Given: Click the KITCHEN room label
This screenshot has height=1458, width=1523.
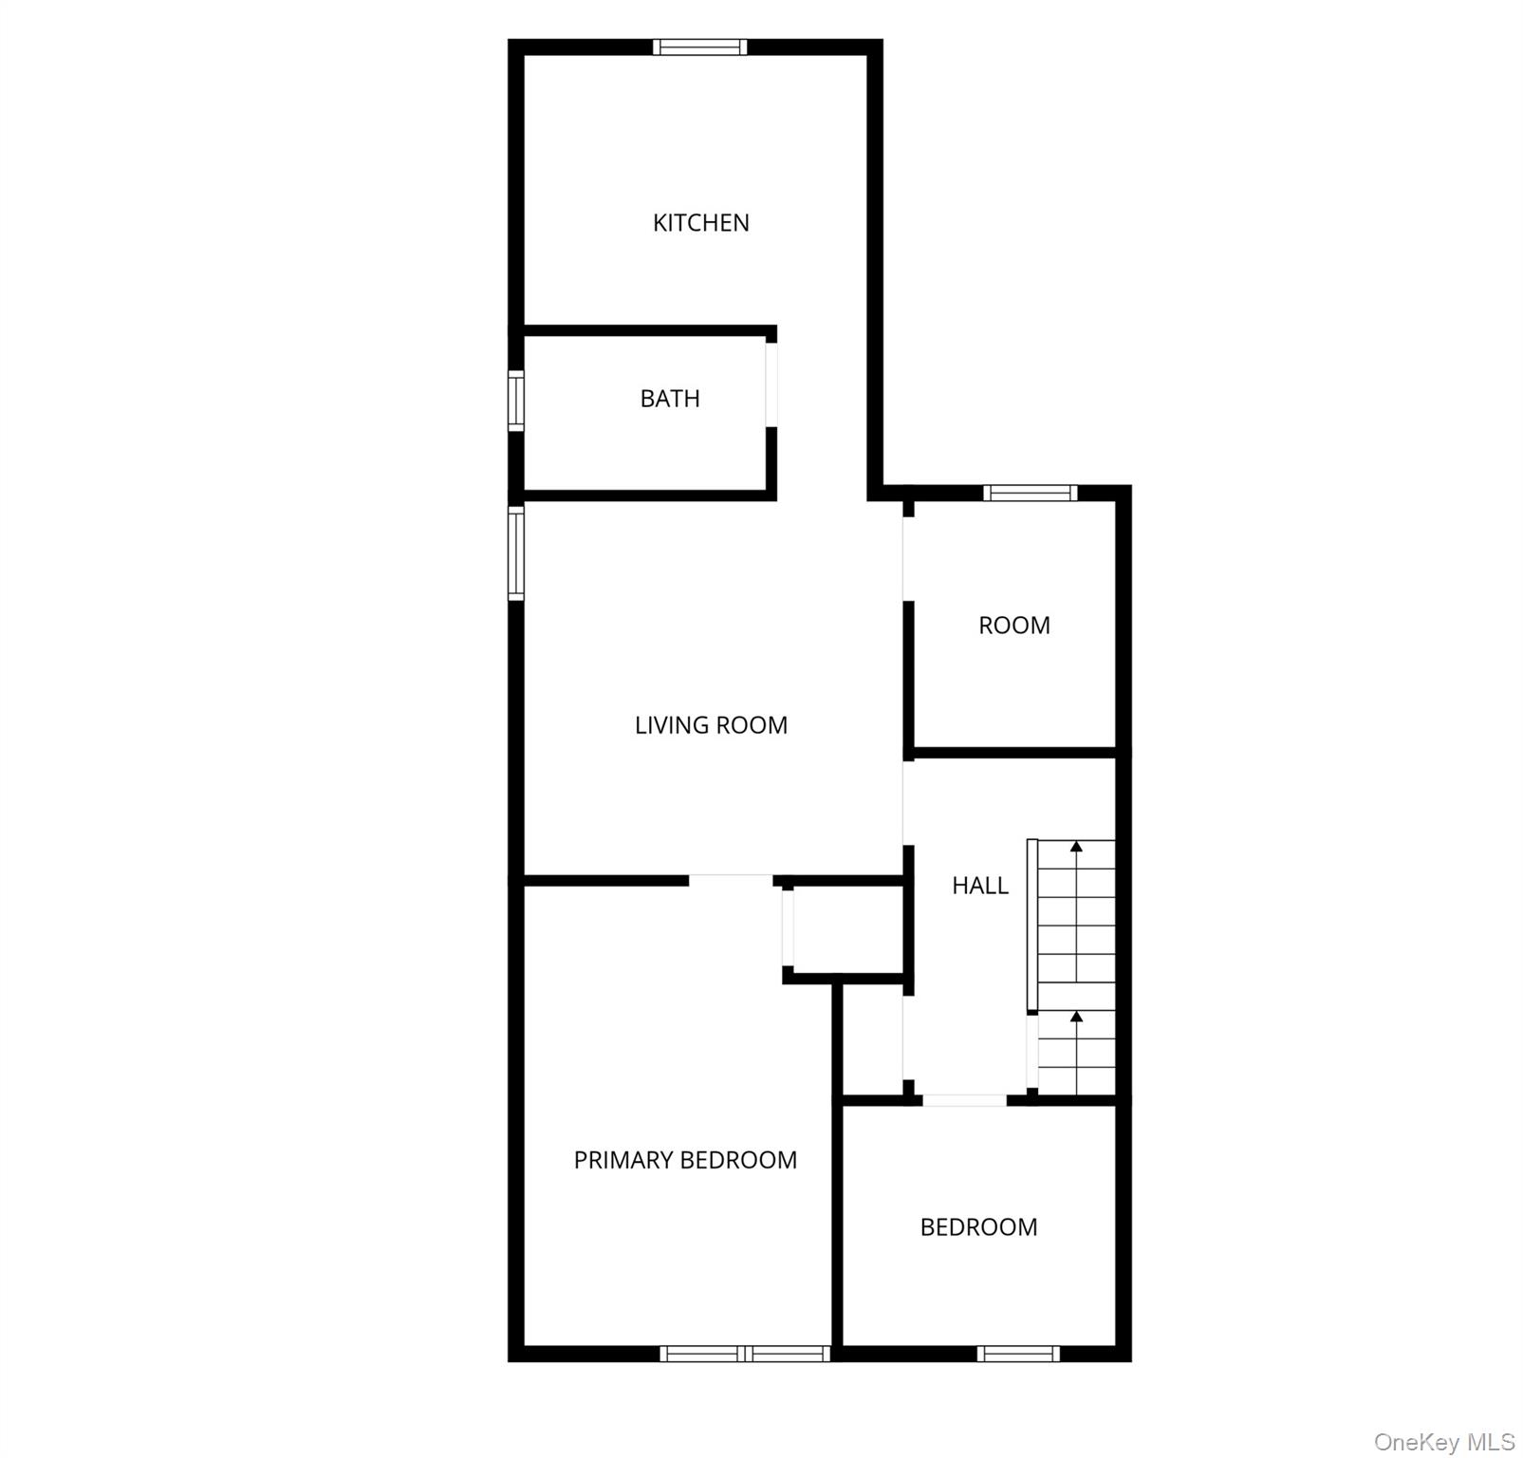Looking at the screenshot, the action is pyautogui.click(x=701, y=223).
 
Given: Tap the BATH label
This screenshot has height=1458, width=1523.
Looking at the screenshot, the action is pyautogui.click(x=670, y=399).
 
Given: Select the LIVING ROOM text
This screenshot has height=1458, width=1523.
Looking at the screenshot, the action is pyautogui.click(x=711, y=725).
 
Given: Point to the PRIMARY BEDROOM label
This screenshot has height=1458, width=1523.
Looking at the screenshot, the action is pyautogui.click(x=685, y=1160).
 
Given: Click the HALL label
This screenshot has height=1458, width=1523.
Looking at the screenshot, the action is pyautogui.click(x=980, y=886).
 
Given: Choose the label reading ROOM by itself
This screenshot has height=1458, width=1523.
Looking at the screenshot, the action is pyautogui.click(x=1014, y=626).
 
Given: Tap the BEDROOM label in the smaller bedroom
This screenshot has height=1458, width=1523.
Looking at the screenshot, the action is pyautogui.click(x=978, y=1227).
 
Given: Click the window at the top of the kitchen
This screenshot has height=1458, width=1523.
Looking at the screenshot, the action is pyautogui.click(x=700, y=47).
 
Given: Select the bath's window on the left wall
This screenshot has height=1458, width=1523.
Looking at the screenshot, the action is pyautogui.click(x=516, y=402).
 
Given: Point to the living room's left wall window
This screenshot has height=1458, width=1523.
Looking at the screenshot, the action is pyautogui.click(x=516, y=552).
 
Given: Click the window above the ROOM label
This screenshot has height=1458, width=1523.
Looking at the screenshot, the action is pyautogui.click(x=1031, y=493).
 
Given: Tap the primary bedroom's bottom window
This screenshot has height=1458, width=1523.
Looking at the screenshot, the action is pyautogui.click(x=745, y=1354).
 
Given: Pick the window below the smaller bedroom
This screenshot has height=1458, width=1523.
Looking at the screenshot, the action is pyautogui.click(x=1018, y=1354).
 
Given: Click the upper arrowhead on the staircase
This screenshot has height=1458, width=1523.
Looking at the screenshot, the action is pyautogui.click(x=1076, y=846).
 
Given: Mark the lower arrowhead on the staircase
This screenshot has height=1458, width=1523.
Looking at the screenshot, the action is pyautogui.click(x=1076, y=1018).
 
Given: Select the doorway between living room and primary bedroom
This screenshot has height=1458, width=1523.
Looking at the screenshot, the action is pyautogui.click(x=731, y=880).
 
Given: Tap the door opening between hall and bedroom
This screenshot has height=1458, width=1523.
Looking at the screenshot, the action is pyautogui.click(x=965, y=1100).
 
